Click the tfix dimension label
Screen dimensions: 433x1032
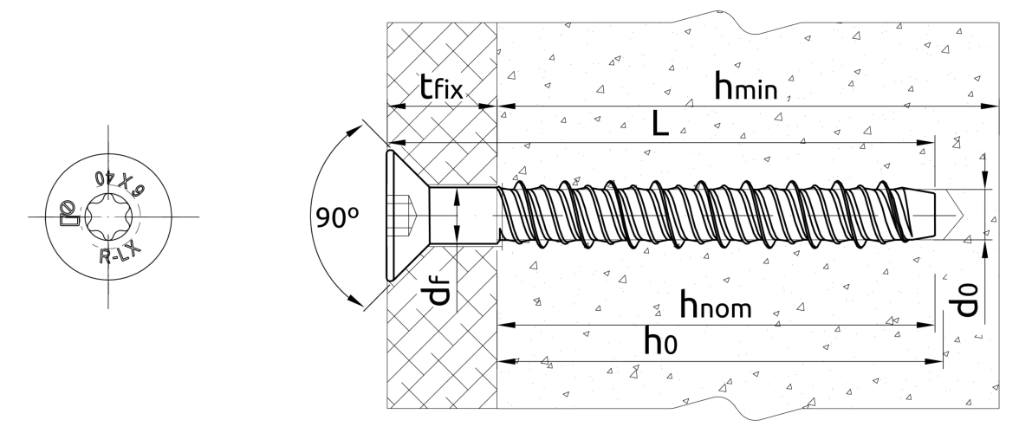[441, 87]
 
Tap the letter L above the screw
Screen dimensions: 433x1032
[662, 123]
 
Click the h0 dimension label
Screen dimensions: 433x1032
[660, 342]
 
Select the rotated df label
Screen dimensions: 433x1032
[441, 289]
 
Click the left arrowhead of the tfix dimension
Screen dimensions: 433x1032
[392, 106]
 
